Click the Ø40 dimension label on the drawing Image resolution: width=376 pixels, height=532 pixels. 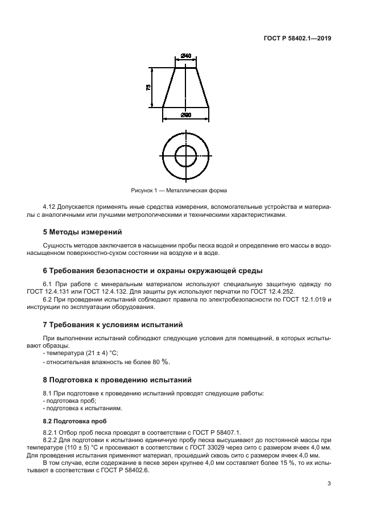185,56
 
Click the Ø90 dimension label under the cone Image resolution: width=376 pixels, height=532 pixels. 185,116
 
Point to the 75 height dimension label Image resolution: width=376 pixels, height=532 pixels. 149,87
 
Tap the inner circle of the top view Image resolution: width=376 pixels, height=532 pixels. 185,155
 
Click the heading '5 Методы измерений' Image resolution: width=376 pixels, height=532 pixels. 82,232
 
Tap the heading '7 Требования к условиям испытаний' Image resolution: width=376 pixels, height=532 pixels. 113,325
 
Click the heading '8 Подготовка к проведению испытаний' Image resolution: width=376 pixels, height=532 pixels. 117,380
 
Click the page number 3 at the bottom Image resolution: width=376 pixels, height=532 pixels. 329,484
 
